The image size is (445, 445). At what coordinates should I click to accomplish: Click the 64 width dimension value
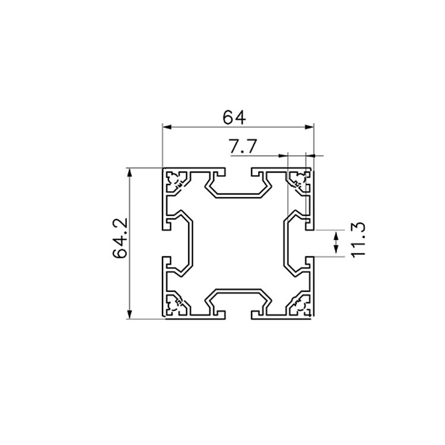tap(234, 117)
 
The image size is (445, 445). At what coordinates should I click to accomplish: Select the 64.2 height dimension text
tap(120, 238)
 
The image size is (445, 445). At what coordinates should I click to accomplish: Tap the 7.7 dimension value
tap(243, 147)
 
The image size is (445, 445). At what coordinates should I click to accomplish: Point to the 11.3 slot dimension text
tap(358, 240)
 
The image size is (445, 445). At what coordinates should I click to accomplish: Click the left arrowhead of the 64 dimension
tap(167, 127)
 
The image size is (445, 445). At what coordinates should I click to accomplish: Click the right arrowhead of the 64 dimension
tap(309, 127)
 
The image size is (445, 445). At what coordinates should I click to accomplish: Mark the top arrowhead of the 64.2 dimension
tap(129, 173)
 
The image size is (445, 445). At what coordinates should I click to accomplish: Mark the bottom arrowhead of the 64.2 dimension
tap(129, 314)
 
